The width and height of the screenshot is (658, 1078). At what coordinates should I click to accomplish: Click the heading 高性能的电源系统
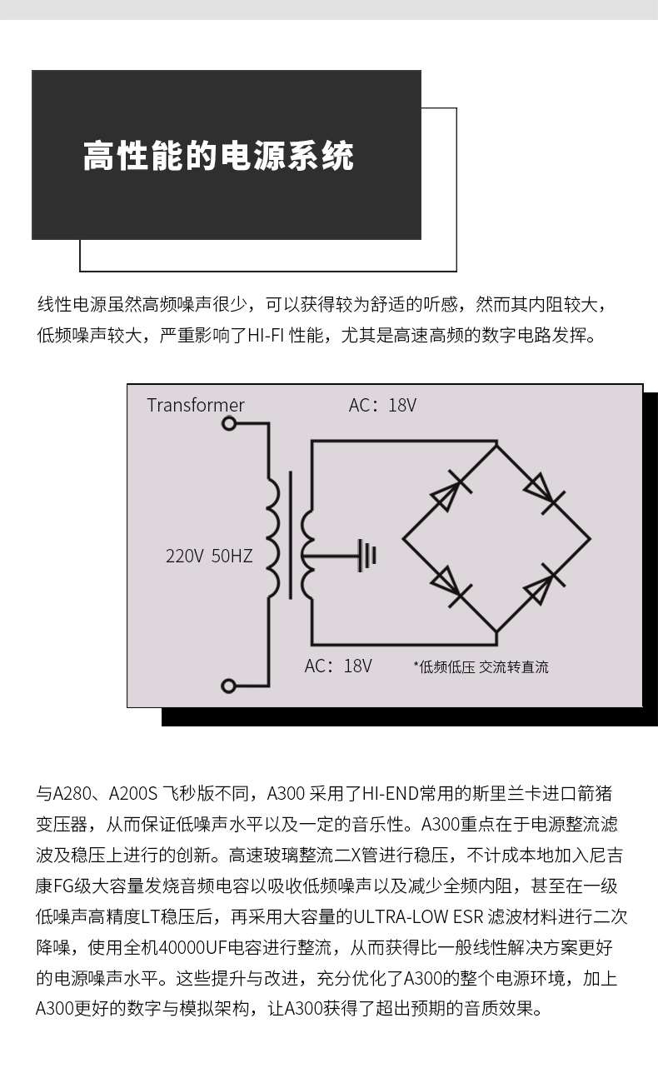point(218,156)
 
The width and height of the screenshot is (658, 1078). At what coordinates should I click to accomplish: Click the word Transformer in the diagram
point(196,406)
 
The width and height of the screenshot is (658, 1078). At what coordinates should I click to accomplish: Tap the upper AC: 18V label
point(382,406)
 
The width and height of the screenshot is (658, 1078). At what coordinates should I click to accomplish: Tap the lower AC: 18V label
point(338,666)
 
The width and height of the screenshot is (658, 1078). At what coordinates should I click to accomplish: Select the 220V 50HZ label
point(209,556)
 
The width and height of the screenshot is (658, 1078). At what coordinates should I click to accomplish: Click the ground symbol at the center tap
point(367,555)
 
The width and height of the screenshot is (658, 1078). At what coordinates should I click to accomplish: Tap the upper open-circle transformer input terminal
point(229,423)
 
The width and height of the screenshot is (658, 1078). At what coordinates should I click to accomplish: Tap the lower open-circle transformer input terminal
point(229,686)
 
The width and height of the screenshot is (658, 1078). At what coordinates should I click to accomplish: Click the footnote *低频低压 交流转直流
point(481,666)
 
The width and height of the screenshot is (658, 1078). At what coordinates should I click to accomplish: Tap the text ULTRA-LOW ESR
point(414,918)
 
